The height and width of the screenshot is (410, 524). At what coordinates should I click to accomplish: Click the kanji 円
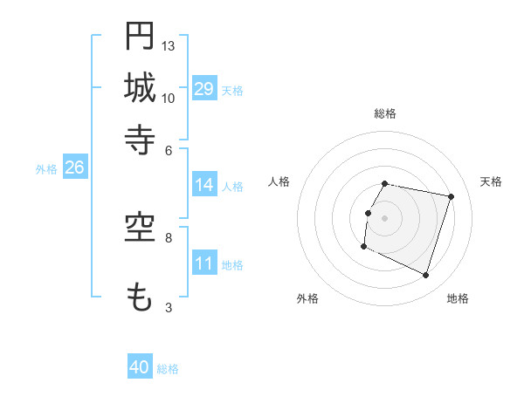(140, 36)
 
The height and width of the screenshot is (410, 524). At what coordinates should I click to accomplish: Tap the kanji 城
(140, 87)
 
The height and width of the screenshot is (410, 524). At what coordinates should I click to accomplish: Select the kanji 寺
(140, 139)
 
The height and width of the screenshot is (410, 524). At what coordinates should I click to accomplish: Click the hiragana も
(140, 297)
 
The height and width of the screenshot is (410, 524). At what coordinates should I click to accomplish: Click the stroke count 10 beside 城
(169, 98)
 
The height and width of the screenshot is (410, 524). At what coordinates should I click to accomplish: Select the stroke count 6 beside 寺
(169, 149)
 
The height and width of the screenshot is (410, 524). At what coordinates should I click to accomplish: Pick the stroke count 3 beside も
(169, 307)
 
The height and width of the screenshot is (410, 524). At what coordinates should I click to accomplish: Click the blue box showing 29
(204, 88)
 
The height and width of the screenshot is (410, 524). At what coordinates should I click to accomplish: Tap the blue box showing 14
(204, 185)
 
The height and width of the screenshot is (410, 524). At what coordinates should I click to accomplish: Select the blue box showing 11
(204, 263)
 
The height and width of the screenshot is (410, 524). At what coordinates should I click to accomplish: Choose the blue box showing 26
(74, 167)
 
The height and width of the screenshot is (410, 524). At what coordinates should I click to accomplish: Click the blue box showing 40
(140, 367)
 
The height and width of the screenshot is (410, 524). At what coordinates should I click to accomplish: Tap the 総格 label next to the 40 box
(168, 369)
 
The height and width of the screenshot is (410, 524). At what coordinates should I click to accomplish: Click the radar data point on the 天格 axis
(452, 196)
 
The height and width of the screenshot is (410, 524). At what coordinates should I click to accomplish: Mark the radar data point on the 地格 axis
(426, 276)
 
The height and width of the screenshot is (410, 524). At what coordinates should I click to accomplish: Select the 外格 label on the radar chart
(307, 298)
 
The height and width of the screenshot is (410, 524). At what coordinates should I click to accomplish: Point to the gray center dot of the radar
(385, 218)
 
